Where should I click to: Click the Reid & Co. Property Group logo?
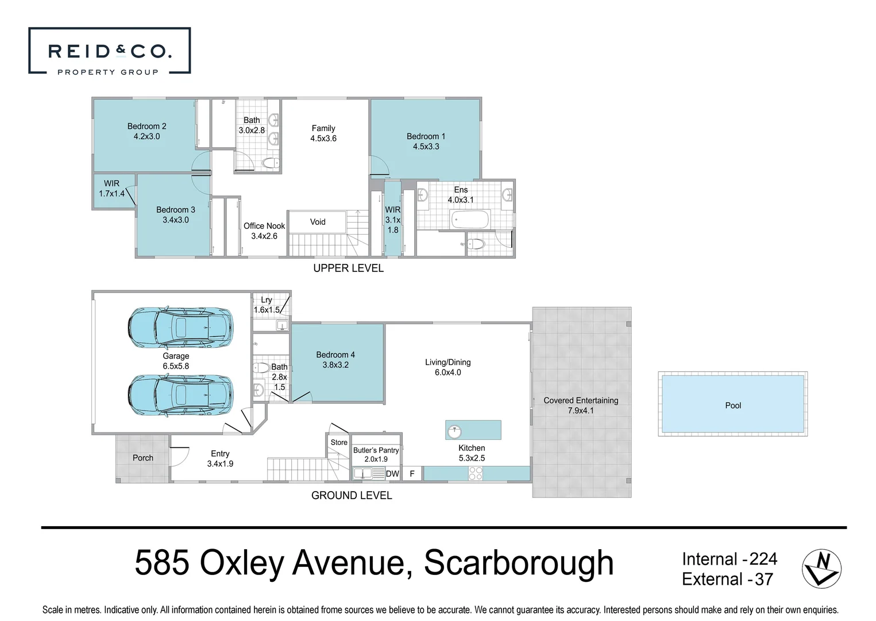coord(109,51)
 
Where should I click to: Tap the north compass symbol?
coord(821,568)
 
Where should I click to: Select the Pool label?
coord(733,405)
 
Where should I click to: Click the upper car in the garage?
coord(180,327)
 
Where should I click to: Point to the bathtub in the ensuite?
coord(470,219)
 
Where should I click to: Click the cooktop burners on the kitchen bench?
coord(476,473)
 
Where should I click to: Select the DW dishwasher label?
coord(392,474)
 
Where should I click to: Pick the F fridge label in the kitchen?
coord(412,474)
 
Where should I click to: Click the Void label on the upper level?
coord(318,222)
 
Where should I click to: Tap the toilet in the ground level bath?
coord(262,368)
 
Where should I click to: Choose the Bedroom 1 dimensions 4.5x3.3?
coord(426,147)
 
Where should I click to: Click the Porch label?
coord(143,458)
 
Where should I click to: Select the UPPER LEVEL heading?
coord(348,268)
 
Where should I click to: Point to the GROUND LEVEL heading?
coord(352,495)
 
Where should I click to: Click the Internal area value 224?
coord(763,559)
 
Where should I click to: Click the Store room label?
coord(339,442)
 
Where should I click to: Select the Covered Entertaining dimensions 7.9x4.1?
coord(581,411)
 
